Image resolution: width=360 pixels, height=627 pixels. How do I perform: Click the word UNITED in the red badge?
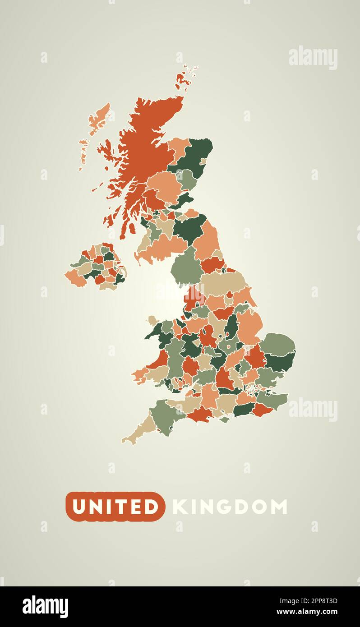(x=115, y=507)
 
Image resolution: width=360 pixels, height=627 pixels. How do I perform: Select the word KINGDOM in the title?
(x=230, y=507)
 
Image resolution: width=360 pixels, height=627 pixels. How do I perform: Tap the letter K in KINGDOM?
(x=179, y=507)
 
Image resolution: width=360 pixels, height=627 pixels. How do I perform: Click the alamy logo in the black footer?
(x=45, y=606)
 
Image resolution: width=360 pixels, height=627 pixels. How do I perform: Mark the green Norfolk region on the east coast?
(x=278, y=344)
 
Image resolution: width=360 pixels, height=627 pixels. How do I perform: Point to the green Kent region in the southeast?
(x=273, y=399)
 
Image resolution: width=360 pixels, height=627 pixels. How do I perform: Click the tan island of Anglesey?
(x=152, y=321)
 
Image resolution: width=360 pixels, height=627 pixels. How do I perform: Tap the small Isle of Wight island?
(x=225, y=419)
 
